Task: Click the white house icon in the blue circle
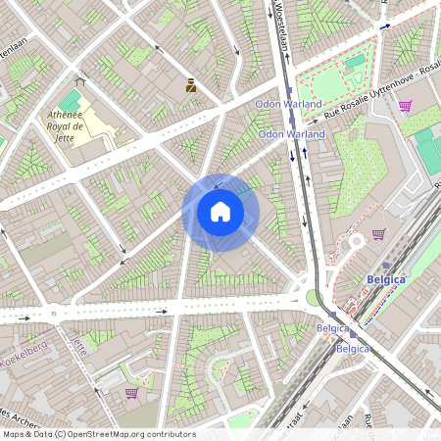pyautogui.click(x=220, y=212)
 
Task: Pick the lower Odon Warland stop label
pyautogui.click(x=292, y=133)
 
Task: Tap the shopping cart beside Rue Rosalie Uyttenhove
pyautogui.click(x=404, y=106)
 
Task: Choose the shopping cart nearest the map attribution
pyautogui.click(x=130, y=393)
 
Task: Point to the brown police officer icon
pyautogui.click(x=190, y=86)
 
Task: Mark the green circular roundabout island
pyautogui.click(x=313, y=297)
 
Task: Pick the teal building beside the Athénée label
pyautogui.click(x=70, y=102)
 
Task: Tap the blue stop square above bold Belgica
pyautogui.click(x=386, y=265)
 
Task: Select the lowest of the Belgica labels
pyautogui.click(x=353, y=348)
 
